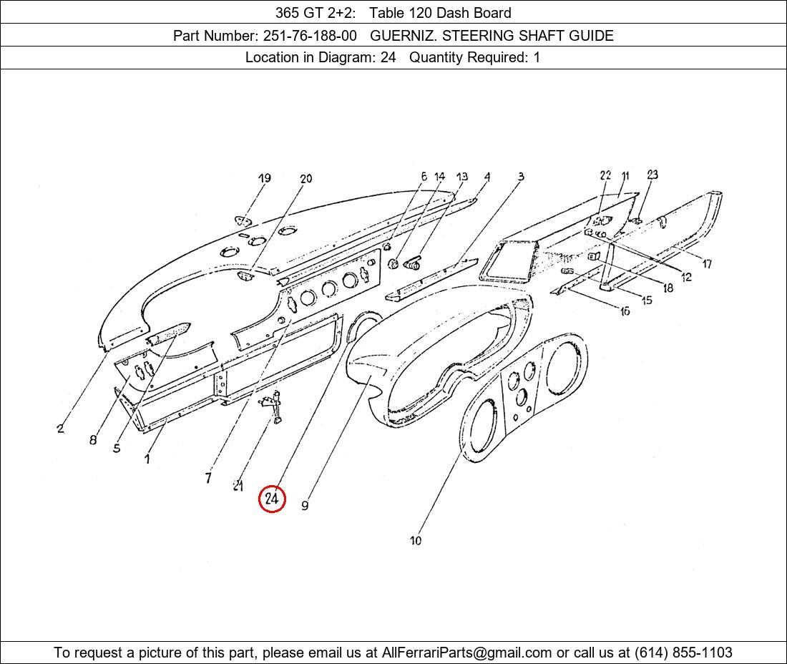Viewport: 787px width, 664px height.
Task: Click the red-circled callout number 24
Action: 272,499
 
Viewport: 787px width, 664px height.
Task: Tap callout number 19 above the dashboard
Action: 265,178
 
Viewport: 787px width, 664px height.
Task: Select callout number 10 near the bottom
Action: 416,540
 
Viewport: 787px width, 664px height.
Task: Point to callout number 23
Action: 652,175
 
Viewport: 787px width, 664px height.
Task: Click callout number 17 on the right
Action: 707,263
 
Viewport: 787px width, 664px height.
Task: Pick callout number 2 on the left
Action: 60,429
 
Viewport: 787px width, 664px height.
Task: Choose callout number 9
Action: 305,505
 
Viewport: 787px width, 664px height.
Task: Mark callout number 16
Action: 625,312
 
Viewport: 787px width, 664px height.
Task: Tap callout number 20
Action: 306,178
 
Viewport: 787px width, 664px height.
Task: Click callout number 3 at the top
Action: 521,176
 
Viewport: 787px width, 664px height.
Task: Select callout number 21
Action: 238,485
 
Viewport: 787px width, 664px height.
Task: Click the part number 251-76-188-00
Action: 310,36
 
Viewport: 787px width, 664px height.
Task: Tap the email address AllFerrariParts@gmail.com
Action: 466,653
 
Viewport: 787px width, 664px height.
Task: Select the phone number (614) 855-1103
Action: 683,653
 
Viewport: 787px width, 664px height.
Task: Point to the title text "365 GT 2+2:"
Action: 316,13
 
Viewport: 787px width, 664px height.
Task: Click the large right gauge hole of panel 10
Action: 565,369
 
